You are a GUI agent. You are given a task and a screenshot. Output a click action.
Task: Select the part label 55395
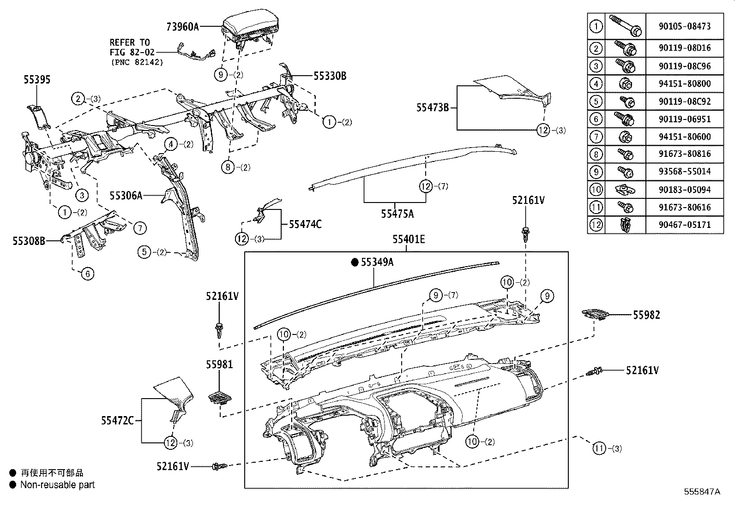tap(37, 80)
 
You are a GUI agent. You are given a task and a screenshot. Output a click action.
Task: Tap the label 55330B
tap(330, 76)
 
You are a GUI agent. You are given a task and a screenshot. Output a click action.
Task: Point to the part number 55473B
tap(433, 108)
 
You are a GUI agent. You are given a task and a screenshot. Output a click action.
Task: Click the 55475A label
tap(397, 214)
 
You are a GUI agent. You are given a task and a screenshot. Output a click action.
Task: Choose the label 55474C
tap(305, 225)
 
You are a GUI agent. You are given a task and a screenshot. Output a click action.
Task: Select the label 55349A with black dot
tap(377, 262)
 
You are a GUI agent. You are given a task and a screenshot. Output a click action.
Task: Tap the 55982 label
tap(646, 315)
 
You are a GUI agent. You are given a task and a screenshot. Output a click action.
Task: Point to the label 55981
tap(219, 365)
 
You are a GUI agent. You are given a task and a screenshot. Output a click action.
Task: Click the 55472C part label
tap(117, 420)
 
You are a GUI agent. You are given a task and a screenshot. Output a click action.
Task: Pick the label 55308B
tap(29, 240)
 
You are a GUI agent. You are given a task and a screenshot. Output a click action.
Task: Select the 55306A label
tap(126, 196)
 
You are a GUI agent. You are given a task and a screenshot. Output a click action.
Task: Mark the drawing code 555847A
tap(702, 492)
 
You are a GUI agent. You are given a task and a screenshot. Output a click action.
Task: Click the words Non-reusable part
tap(57, 485)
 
